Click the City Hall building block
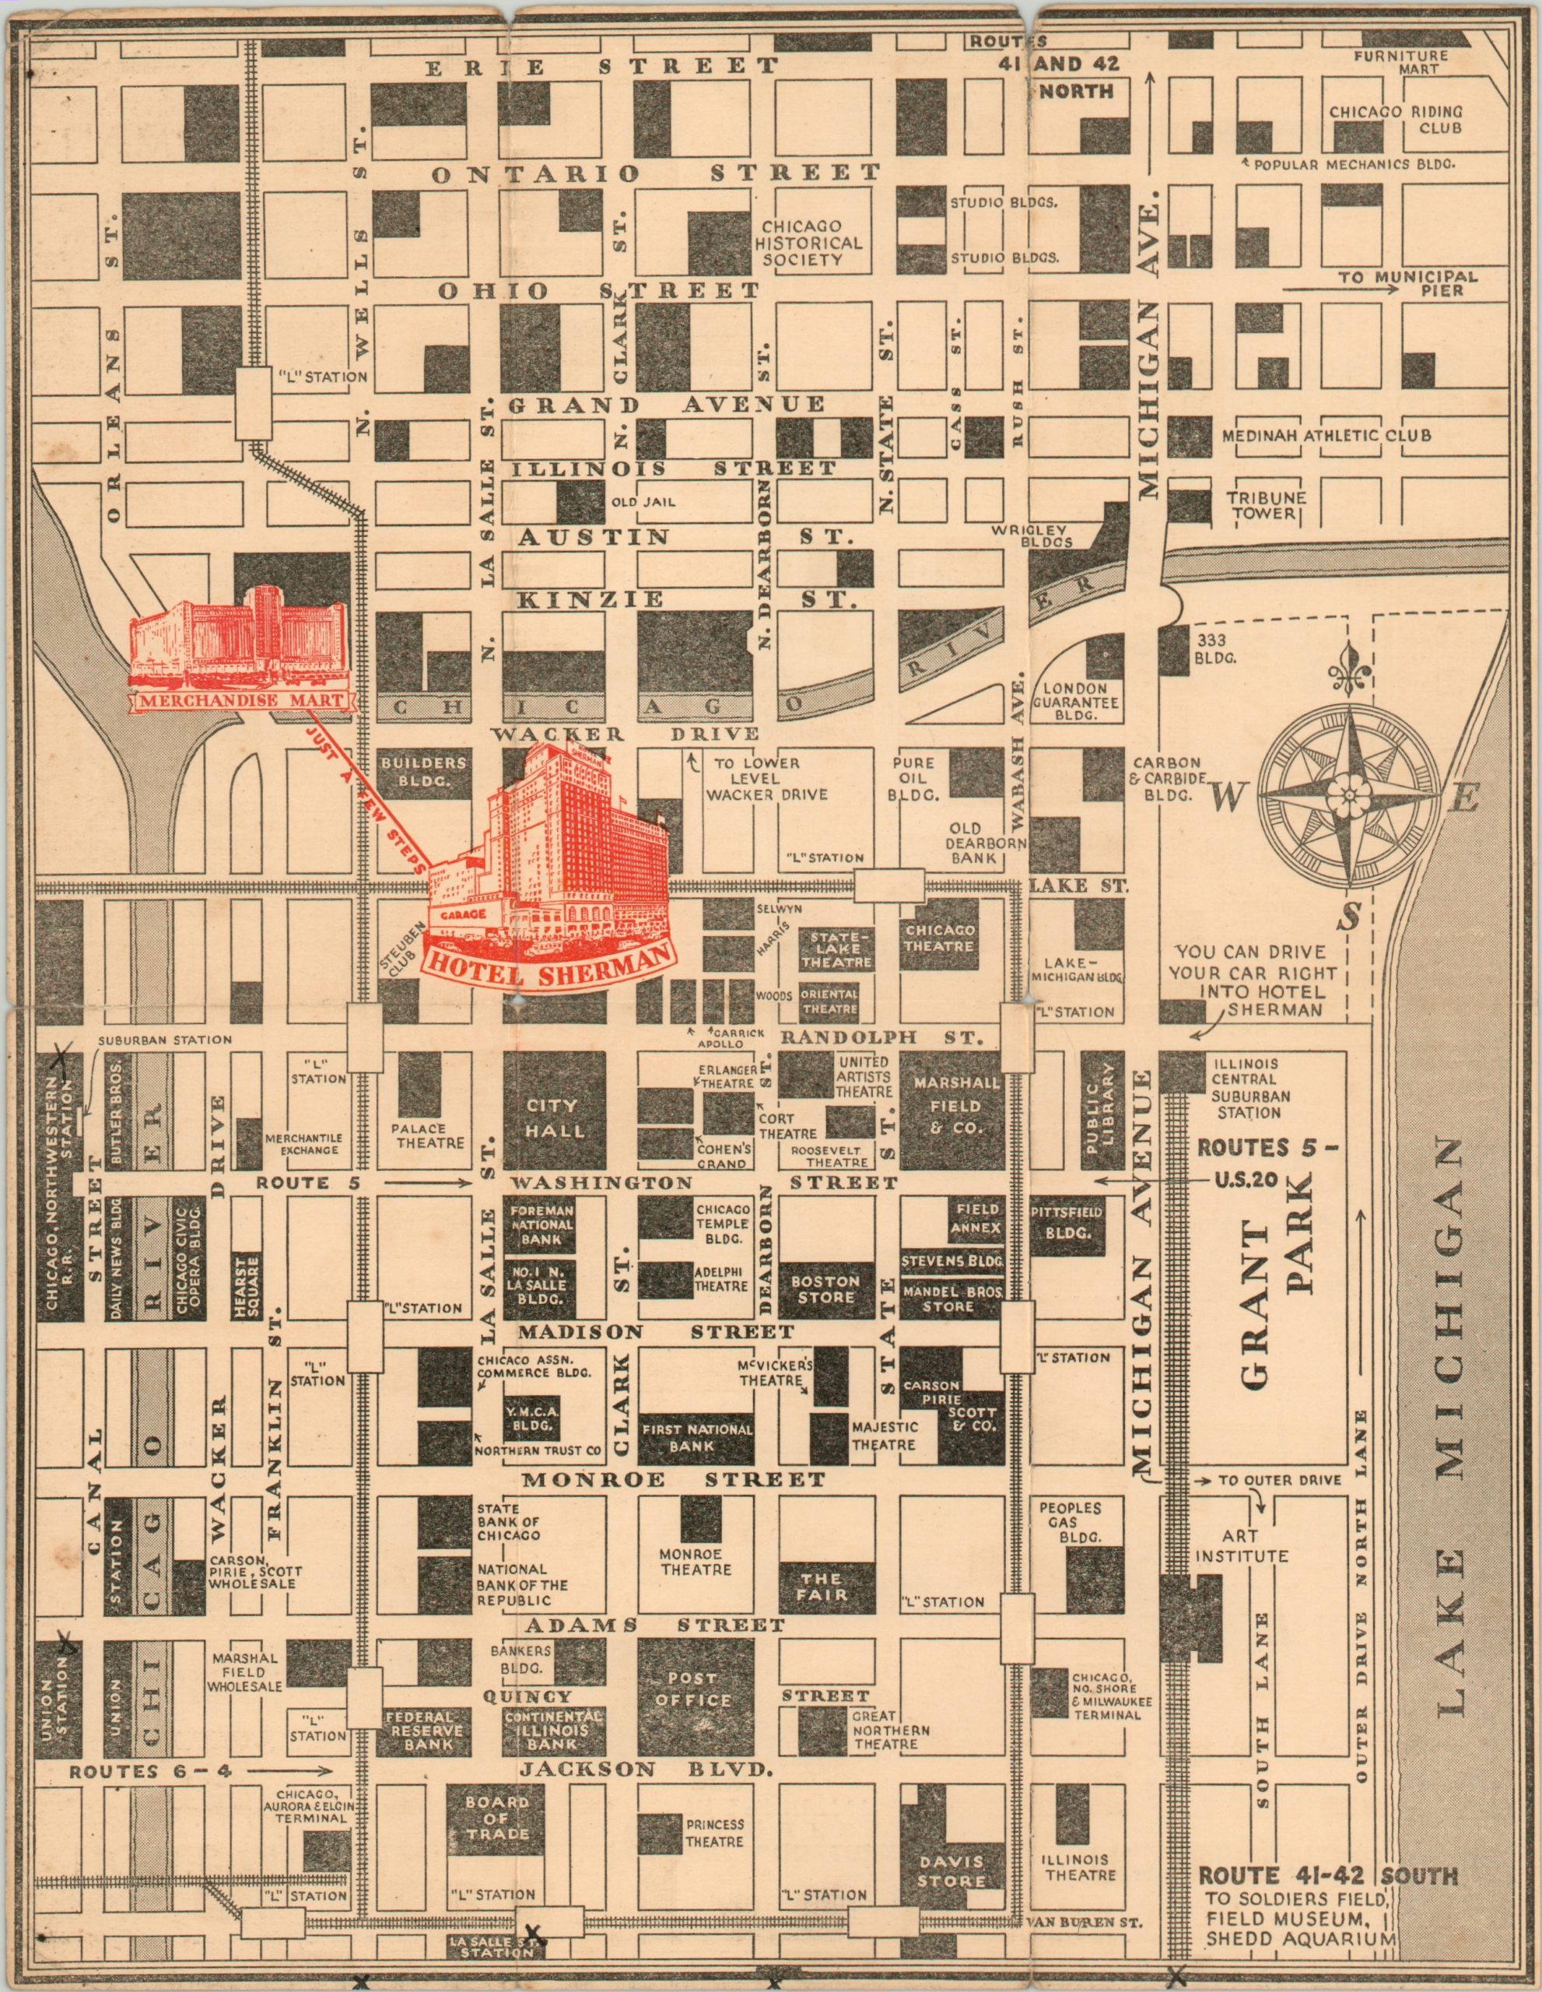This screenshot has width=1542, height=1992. pyautogui.click(x=553, y=1117)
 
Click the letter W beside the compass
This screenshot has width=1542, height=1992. pyautogui.click(x=1228, y=798)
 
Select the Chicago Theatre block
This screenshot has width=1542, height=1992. pyautogui.click(x=939, y=938)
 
